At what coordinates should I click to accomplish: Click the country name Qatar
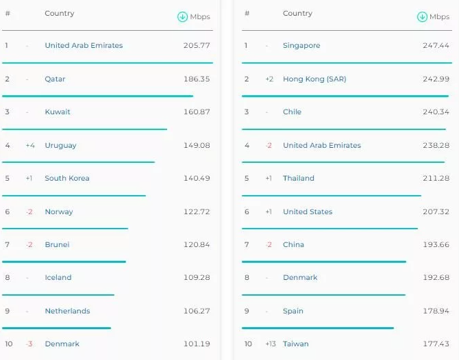[55, 79]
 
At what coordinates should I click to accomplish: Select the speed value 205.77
[197, 46]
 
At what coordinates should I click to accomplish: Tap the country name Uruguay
[60, 145]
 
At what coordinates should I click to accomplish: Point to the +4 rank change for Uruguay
[30, 145]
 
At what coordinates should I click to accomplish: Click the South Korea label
[66, 178]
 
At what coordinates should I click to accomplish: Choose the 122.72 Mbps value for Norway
[197, 211]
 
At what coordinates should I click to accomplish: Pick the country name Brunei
[57, 244]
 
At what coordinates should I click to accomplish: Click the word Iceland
[58, 277]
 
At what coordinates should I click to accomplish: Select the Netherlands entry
[67, 311]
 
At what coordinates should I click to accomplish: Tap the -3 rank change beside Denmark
[29, 344]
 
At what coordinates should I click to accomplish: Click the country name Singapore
[301, 46]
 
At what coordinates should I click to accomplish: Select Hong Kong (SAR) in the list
[314, 79]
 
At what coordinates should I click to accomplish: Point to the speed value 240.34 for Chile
[436, 112]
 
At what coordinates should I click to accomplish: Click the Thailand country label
[298, 178]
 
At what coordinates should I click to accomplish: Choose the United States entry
[308, 211]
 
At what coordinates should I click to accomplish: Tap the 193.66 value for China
[436, 244]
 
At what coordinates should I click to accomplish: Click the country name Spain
[293, 311]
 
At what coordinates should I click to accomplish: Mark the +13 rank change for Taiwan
[270, 344]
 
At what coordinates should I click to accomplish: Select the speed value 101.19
[197, 344]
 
